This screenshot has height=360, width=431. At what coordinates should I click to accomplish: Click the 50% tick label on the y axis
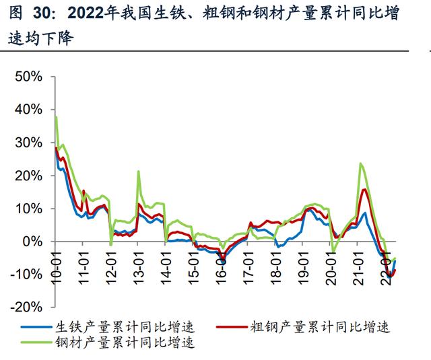[x=28, y=77]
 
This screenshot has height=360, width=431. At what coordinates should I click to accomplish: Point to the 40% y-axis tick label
[x=28, y=110]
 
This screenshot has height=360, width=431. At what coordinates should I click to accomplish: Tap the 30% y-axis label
[x=28, y=143]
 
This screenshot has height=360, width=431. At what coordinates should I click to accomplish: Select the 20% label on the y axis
[x=28, y=176]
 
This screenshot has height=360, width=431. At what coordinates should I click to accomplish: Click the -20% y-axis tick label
[x=26, y=307]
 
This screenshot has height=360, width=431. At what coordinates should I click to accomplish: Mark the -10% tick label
[x=26, y=274]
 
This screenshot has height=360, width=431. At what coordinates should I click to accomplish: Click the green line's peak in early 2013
[x=138, y=171]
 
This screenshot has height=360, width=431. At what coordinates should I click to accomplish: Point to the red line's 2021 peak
[x=364, y=189]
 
